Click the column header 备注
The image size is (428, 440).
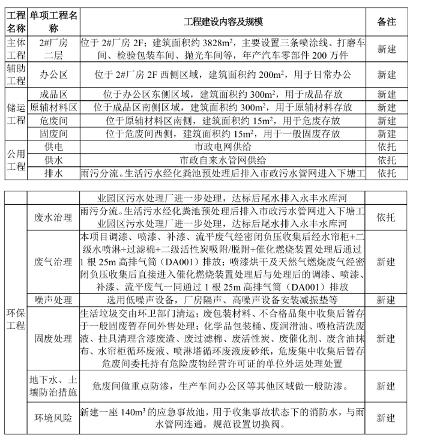point(387,22)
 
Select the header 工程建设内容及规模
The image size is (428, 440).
point(223,22)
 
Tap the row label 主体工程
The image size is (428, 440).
point(16,49)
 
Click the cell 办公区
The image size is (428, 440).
point(54,75)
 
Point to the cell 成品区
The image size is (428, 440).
point(54,94)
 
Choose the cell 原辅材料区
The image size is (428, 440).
point(54,107)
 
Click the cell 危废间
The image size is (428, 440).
point(54,121)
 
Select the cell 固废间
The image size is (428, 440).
point(54,134)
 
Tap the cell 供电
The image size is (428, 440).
point(54,147)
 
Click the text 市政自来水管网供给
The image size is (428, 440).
point(223,160)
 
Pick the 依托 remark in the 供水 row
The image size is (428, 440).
point(387,160)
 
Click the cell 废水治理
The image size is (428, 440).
point(54,217)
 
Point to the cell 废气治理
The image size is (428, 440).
point(54,262)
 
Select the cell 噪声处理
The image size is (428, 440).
point(54,300)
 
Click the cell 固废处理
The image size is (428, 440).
point(54,339)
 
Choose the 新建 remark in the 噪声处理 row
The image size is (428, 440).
point(387,300)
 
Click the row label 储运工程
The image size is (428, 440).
point(16,114)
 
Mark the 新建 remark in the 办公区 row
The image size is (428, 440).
point(387,75)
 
